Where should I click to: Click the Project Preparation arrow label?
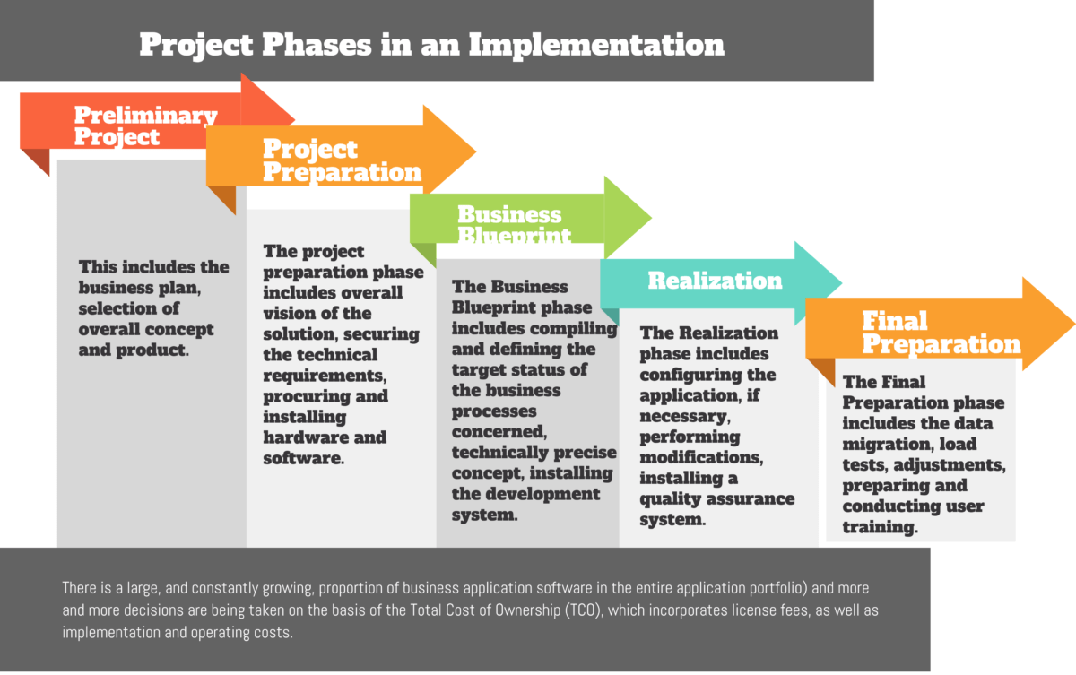pos(342,160)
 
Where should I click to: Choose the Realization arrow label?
pos(715,281)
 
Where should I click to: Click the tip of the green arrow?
pos(648,217)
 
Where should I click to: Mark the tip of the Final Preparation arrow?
pos(1072,324)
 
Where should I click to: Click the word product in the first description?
pos(155,350)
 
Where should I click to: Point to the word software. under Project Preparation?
pos(303,458)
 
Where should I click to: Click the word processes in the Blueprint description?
pos(494,411)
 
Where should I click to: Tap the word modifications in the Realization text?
pos(700,457)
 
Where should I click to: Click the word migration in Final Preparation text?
pos(885,445)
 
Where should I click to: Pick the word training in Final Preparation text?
pos(880,527)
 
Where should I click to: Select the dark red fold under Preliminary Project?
pos(36,161)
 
